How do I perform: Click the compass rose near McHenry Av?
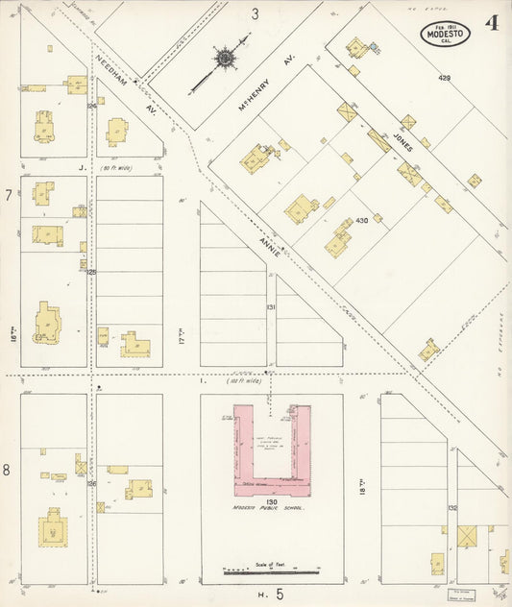point(224,59)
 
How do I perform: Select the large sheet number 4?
point(491,23)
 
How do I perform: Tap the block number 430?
point(362,221)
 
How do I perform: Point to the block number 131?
point(271,307)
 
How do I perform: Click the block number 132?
point(452,506)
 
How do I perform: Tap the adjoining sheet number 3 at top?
point(256,13)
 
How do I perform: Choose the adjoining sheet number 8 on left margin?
point(9,470)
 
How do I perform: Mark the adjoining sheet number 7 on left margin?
point(9,196)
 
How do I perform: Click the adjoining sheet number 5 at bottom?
point(280,595)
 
